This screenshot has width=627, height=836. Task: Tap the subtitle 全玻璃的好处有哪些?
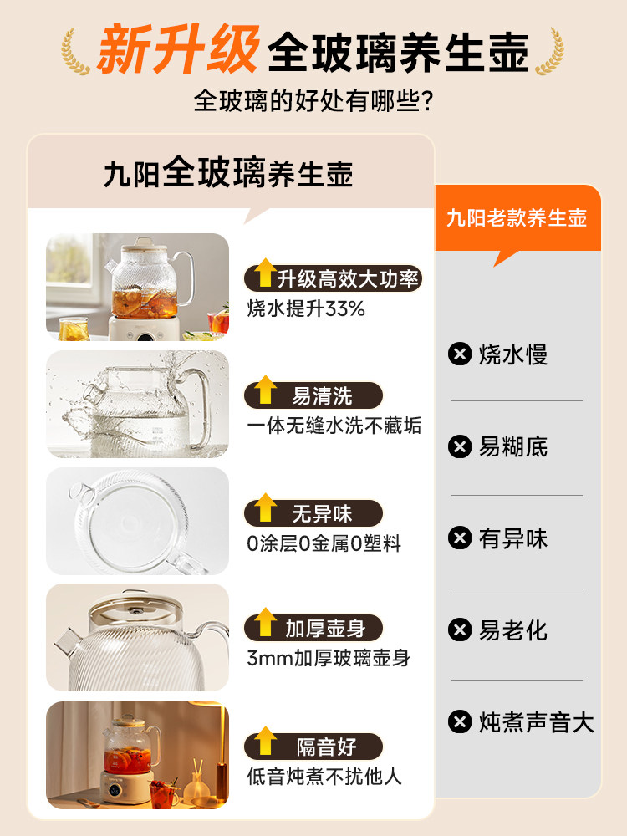click(x=313, y=101)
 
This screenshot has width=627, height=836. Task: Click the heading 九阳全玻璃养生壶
click(x=228, y=174)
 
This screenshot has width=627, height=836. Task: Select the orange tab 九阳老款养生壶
click(x=517, y=218)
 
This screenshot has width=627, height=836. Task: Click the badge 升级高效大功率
click(x=333, y=278)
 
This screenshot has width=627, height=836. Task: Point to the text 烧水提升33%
click(x=306, y=308)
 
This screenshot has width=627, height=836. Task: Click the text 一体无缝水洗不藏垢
click(x=334, y=426)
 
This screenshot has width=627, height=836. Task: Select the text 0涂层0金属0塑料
click(x=324, y=543)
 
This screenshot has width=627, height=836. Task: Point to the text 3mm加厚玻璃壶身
click(x=329, y=658)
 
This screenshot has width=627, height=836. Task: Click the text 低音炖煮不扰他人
click(x=324, y=777)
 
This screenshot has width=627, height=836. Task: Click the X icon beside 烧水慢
click(x=460, y=354)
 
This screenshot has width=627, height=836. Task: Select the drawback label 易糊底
click(x=513, y=446)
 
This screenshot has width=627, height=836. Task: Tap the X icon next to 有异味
click(x=460, y=538)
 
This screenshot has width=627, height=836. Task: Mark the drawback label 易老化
click(x=513, y=630)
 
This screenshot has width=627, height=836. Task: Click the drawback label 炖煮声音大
click(x=536, y=722)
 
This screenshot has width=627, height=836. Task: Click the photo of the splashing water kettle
click(x=137, y=404)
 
